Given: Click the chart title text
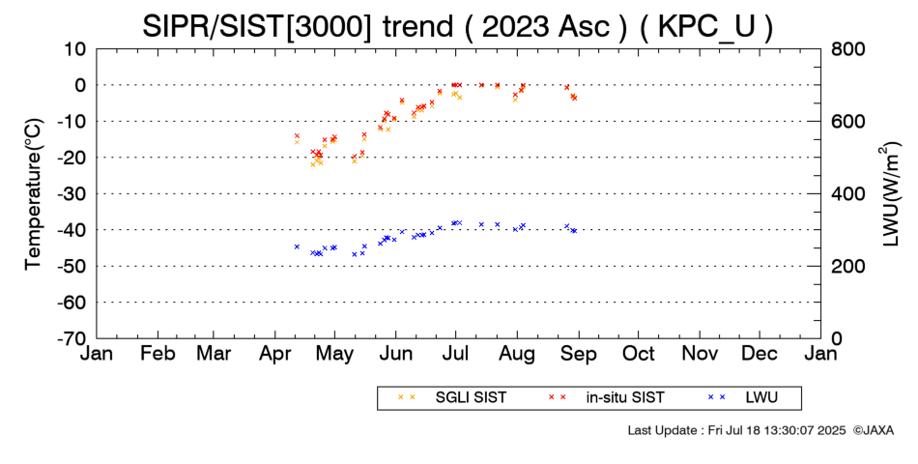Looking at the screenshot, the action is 457,26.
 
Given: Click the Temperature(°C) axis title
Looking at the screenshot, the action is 34,194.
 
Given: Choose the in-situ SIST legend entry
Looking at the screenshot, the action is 606,398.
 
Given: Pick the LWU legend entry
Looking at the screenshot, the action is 742,398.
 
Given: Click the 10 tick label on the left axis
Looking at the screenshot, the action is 75,48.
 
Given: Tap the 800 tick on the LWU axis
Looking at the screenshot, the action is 847,48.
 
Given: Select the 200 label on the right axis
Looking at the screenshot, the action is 847,266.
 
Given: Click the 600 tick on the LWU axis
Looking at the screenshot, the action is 847,121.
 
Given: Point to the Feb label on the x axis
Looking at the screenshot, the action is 158,354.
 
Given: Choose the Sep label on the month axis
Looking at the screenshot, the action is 579,354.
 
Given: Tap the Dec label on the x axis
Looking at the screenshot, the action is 760,354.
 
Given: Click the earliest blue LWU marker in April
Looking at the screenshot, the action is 297,246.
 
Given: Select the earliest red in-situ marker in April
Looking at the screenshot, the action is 297,136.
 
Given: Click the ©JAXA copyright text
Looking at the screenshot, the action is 873,430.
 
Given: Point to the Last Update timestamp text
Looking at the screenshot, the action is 736,430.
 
